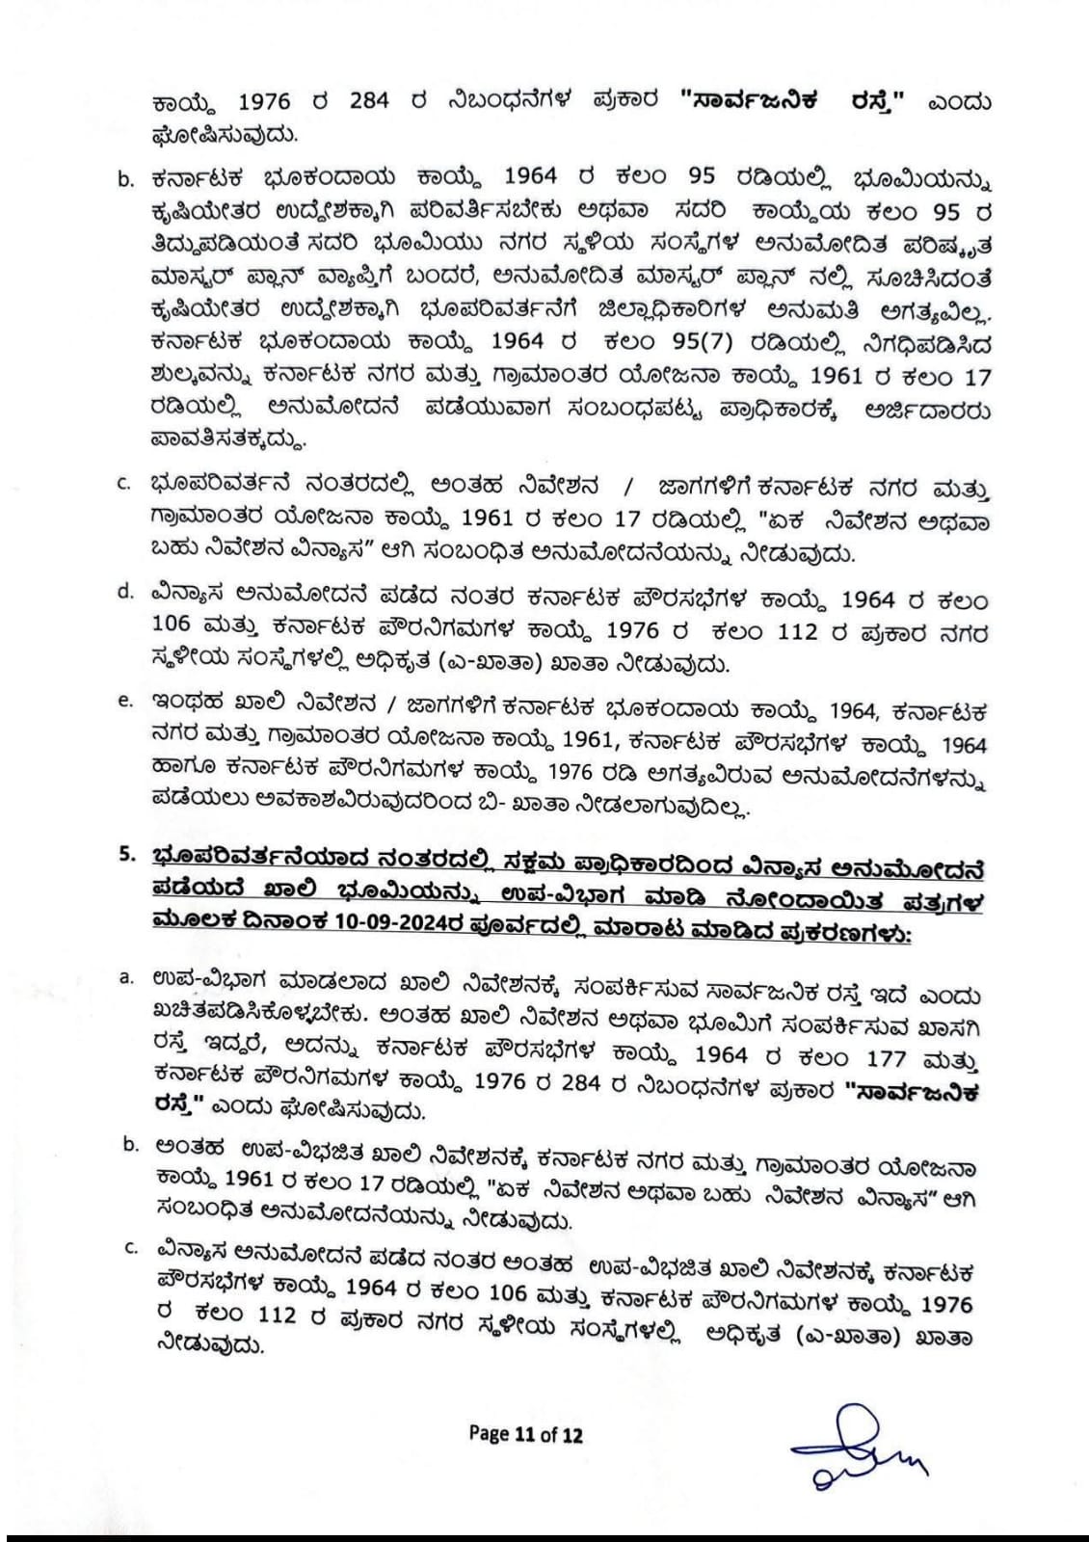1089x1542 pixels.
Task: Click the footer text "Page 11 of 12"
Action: (525, 1435)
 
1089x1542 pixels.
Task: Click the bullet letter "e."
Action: (125, 701)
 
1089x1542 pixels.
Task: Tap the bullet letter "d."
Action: (125, 591)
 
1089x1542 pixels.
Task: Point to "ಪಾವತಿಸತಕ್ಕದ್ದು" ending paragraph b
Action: (228, 441)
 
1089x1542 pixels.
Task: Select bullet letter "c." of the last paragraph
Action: (132, 1248)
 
